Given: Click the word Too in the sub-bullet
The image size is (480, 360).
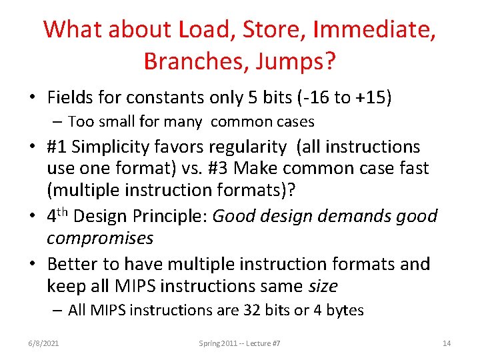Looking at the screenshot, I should [81, 121].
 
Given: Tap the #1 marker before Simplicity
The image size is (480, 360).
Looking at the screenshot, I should [59, 147].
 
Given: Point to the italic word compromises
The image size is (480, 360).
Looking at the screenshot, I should [100, 238].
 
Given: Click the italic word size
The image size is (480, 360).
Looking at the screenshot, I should [323, 286].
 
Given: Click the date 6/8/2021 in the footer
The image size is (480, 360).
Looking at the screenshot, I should [45, 343].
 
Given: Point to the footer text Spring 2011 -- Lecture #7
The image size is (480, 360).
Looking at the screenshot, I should [239, 343].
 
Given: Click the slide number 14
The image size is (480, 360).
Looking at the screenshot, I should [447, 343].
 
